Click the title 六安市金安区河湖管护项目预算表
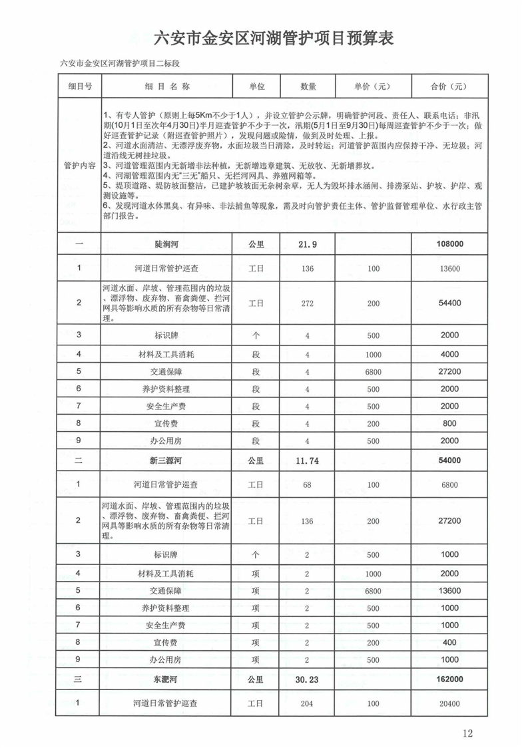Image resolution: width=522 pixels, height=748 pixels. click(274, 38)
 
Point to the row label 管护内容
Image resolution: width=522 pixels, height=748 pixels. click(79, 163)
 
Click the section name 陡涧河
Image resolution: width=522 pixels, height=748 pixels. click(166, 244)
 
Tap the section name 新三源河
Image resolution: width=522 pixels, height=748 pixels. click(166, 460)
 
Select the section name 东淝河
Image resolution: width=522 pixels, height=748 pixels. click(166, 680)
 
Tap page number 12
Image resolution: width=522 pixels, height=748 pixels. click(466, 733)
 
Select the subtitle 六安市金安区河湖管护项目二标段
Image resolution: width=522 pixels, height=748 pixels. click(120, 64)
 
